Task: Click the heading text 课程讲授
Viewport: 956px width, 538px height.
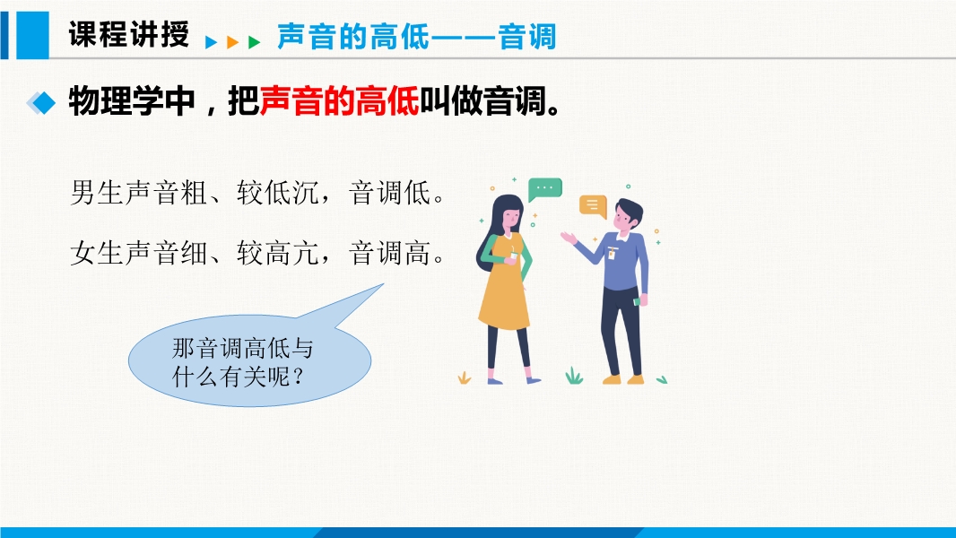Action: click(128, 34)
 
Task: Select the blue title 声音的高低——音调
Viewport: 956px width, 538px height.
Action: click(416, 37)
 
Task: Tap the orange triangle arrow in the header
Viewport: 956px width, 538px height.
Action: click(232, 42)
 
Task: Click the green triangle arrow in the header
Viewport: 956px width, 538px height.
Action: click(254, 42)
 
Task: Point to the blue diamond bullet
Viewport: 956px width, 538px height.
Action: click(41, 102)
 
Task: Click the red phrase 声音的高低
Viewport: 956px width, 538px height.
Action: click(339, 101)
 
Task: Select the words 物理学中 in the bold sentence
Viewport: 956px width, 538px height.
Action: click(131, 101)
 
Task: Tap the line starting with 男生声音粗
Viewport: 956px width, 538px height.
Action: click(258, 193)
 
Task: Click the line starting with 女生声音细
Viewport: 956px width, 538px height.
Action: click(258, 252)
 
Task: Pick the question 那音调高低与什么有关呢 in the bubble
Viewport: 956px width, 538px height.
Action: click(242, 362)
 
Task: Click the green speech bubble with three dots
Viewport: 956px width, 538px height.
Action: click(544, 189)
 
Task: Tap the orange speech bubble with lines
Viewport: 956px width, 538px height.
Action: click(593, 206)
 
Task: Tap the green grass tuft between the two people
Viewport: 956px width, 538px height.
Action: click(574, 376)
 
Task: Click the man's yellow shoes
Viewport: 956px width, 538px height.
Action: click(623, 379)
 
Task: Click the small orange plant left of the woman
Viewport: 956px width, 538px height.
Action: click(464, 377)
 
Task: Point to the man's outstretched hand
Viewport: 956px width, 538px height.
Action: click(569, 238)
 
